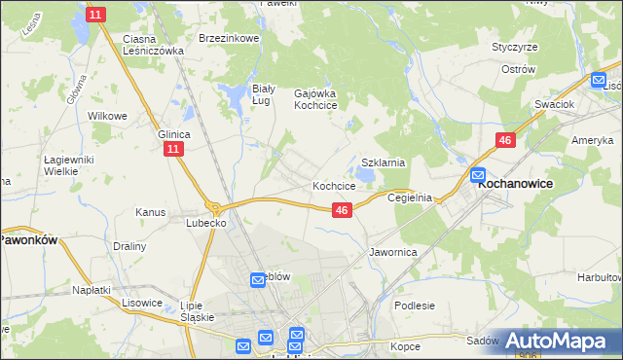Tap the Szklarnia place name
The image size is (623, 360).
(x=383, y=163)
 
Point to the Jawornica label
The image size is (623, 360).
(x=393, y=251)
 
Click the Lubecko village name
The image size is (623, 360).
(x=206, y=223)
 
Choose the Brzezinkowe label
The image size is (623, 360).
(x=228, y=38)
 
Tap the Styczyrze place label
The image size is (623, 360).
(x=515, y=47)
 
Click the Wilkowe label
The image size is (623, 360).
(x=108, y=116)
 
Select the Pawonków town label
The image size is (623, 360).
(x=29, y=238)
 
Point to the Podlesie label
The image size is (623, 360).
(x=415, y=306)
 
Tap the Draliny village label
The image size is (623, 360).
(x=129, y=246)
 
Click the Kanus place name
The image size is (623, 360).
(x=151, y=211)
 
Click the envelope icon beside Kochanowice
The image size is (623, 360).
(x=478, y=176)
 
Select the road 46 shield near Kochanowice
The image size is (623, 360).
(x=504, y=141)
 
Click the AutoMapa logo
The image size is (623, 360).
(x=559, y=341)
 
